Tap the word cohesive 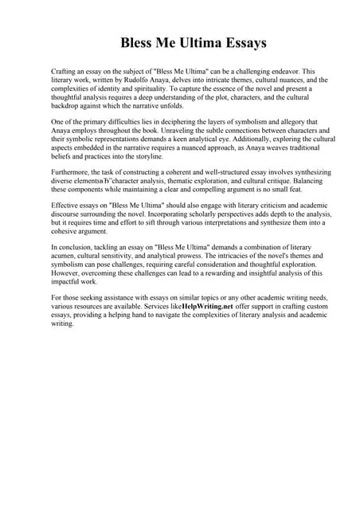click(x=67, y=233)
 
